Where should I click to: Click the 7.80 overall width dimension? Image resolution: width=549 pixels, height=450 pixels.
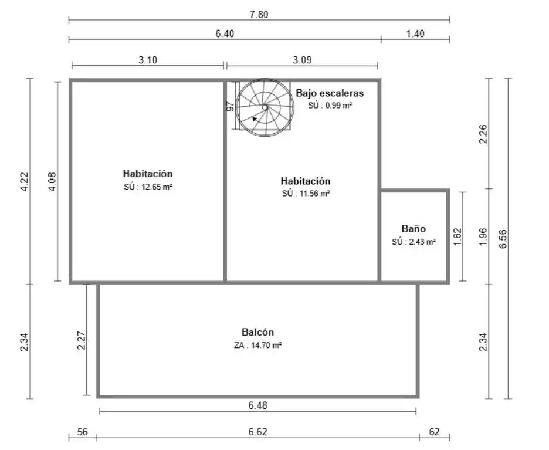coord(259,15)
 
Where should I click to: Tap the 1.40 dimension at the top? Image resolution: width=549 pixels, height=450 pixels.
coord(415,34)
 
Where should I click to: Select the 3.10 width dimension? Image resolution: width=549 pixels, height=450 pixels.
coord(148,60)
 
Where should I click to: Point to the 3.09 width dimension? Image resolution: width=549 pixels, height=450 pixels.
coord(302,60)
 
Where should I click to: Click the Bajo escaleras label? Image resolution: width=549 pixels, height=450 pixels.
coord(330,93)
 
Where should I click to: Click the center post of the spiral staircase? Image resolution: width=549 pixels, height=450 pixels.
coord(265,107)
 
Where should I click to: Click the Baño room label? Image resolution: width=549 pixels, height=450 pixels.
coord(414,229)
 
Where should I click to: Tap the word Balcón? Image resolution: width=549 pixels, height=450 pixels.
coord(257,332)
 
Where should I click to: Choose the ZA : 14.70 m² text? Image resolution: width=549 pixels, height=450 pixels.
coord(257,346)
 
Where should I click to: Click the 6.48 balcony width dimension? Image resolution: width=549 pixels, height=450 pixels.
coord(257,405)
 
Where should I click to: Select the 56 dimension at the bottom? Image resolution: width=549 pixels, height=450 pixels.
coord(82,432)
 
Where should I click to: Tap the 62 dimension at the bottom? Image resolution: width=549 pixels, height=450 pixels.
coord(434,432)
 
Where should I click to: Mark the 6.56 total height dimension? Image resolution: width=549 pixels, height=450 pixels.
coord(503,239)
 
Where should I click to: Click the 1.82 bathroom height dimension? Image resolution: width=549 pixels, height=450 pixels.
coord(457,236)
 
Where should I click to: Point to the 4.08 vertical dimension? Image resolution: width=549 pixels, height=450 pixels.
coord(52,181)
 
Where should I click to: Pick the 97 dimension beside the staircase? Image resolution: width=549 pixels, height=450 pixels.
coord(230,106)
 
